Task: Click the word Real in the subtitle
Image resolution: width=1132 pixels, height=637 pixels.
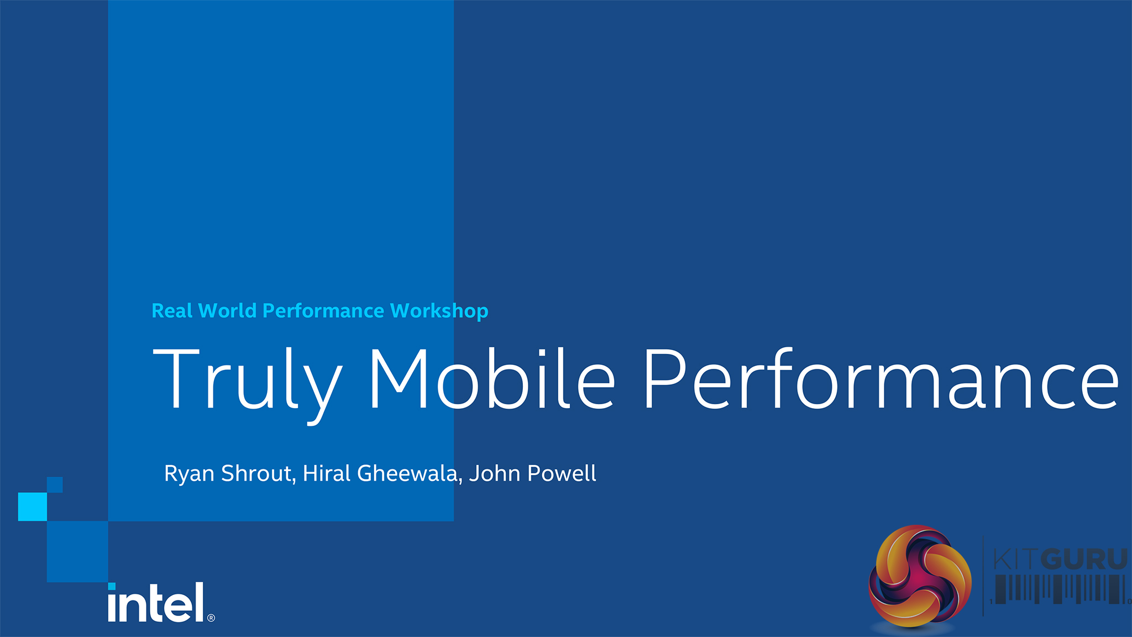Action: [172, 310]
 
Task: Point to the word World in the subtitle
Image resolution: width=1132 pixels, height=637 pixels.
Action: [227, 310]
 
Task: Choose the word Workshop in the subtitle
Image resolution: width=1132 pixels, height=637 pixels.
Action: [439, 312]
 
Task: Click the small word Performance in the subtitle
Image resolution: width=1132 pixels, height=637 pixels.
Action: [323, 311]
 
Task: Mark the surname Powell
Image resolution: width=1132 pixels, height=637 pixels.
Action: [562, 473]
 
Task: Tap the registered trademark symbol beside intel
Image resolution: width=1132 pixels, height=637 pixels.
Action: [211, 618]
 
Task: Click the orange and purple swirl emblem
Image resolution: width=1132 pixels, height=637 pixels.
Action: [920, 577]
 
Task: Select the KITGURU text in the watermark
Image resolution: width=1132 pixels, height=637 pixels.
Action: [1060, 559]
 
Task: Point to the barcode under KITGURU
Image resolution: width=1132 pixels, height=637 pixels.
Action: [1060, 589]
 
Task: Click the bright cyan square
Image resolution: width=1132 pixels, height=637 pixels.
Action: [33, 507]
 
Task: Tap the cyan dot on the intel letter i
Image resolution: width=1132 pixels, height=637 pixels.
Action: [112, 586]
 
